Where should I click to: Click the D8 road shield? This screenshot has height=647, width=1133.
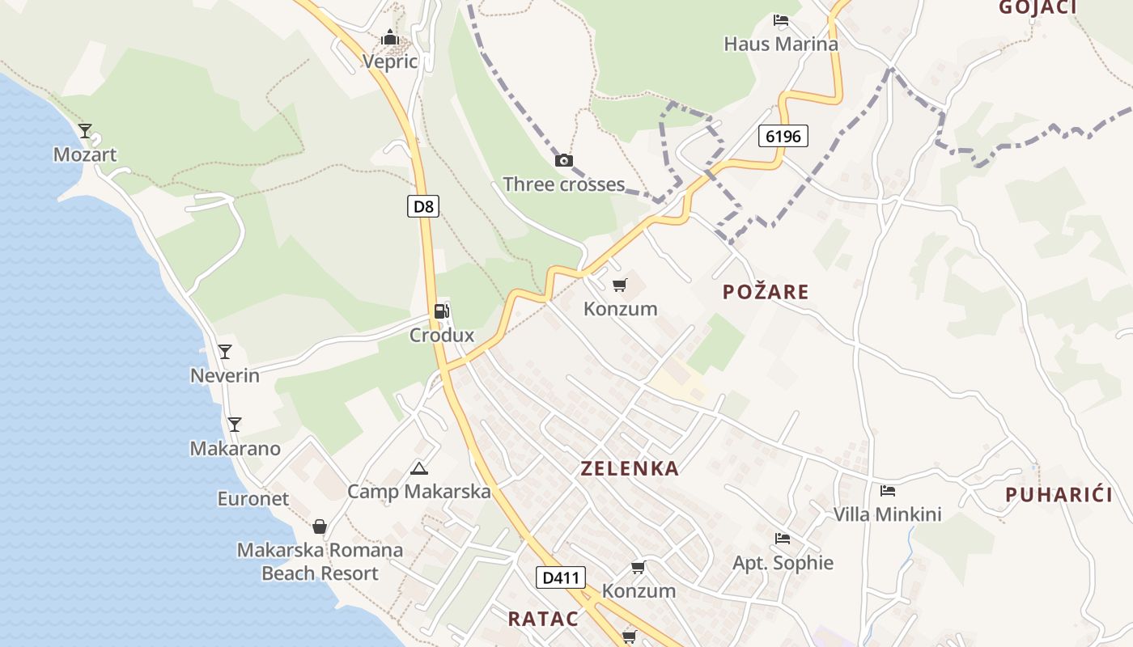pyautogui.click(x=423, y=206)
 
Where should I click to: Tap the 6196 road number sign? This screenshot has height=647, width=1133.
pyautogui.click(x=783, y=136)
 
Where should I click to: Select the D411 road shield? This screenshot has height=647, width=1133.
pyautogui.click(x=560, y=577)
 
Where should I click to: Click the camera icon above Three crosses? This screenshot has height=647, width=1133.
pyautogui.click(x=564, y=160)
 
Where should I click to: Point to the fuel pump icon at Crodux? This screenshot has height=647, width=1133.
pyautogui.click(x=441, y=311)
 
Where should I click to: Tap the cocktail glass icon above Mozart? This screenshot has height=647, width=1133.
pyautogui.click(x=85, y=130)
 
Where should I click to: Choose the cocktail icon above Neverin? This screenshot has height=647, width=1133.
pyautogui.click(x=225, y=352)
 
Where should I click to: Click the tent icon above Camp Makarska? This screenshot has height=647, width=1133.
pyautogui.click(x=418, y=468)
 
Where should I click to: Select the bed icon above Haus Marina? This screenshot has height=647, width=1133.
pyautogui.click(x=781, y=20)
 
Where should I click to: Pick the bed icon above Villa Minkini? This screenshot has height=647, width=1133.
pyautogui.click(x=888, y=490)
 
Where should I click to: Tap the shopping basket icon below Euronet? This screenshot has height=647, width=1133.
pyautogui.click(x=320, y=526)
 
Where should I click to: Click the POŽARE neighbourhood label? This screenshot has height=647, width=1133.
pyautogui.click(x=766, y=292)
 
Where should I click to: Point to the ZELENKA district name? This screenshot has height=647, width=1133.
pyautogui.click(x=630, y=468)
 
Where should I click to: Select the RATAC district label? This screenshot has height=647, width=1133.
pyautogui.click(x=543, y=619)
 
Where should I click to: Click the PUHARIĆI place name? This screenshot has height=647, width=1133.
pyautogui.click(x=1059, y=495)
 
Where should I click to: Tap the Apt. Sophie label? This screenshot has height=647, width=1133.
pyautogui.click(x=783, y=562)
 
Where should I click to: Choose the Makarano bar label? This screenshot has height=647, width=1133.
pyautogui.click(x=235, y=448)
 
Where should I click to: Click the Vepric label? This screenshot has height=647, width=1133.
pyautogui.click(x=390, y=61)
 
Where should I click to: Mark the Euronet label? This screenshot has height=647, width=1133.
pyautogui.click(x=252, y=498)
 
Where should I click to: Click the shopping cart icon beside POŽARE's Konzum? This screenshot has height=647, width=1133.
pyautogui.click(x=620, y=285)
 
